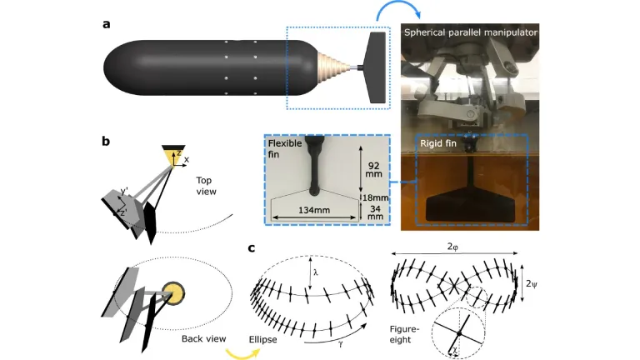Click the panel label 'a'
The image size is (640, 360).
point(107,23)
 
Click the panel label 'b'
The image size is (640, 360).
point(107,142)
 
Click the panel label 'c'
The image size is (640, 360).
point(252,247)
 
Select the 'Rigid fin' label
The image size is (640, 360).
point(437,143)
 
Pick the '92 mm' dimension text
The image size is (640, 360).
point(372,171)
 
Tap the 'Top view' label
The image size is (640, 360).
point(207,185)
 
